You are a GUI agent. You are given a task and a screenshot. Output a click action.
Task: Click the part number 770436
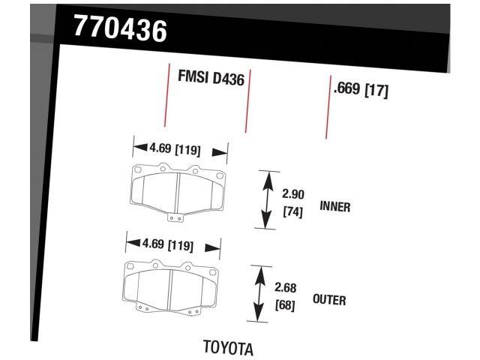120,28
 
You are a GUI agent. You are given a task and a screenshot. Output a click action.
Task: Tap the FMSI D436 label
211,77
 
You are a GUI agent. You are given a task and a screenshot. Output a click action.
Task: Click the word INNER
335,206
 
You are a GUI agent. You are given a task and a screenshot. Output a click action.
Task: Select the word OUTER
329,300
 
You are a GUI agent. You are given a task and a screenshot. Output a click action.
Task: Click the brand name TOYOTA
228,348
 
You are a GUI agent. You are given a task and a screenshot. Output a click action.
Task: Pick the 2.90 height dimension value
292,193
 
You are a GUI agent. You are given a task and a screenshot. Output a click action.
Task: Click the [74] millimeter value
292,212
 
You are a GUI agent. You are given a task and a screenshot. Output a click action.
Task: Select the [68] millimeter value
286,305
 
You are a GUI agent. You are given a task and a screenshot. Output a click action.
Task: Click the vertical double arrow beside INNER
265,199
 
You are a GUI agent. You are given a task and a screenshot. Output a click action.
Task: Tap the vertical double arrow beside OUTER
259,293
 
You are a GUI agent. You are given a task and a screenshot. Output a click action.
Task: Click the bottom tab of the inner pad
175,218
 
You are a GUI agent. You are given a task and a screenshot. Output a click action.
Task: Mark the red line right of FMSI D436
247,100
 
